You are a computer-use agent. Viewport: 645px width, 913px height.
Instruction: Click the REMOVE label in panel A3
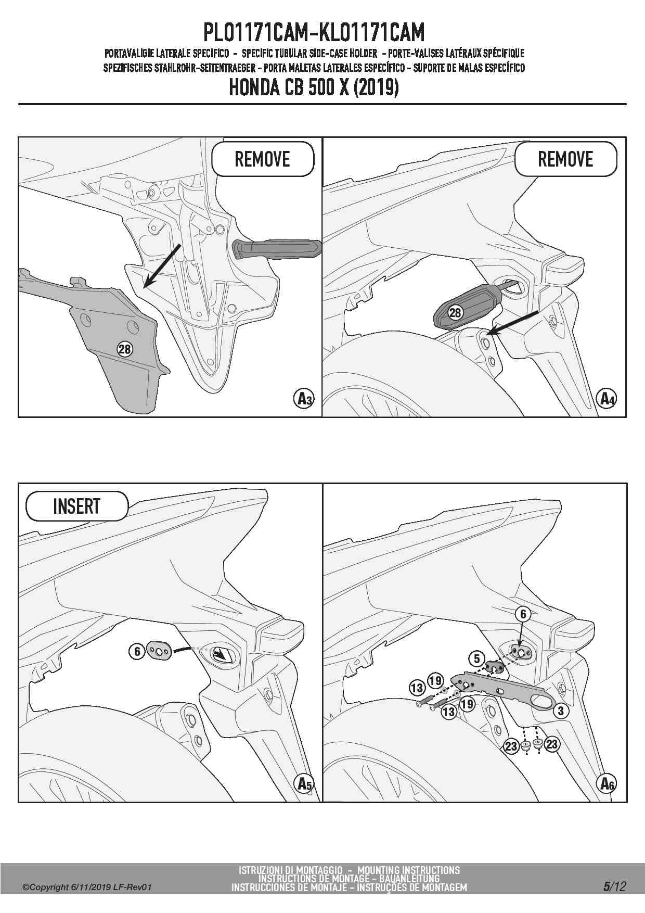click(262, 159)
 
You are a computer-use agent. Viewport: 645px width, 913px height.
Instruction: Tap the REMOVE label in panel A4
click(565, 159)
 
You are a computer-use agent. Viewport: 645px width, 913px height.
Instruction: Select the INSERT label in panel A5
click(76, 506)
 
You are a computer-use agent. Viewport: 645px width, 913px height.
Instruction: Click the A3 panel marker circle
click(304, 399)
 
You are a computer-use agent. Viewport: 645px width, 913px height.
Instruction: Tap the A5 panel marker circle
click(304, 784)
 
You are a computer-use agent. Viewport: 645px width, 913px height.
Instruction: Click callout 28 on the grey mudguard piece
click(125, 349)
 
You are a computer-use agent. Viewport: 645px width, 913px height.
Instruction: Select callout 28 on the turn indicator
click(455, 312)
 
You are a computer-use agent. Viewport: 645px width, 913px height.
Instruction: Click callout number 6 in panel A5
click(137, 651)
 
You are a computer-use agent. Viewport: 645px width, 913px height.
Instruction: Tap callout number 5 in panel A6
click(477, 659)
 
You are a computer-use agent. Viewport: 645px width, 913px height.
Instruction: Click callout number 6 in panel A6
click(523, 614)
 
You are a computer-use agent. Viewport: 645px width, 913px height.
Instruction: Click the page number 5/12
click(614, 886)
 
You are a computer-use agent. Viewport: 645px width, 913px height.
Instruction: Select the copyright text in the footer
click(87, 887)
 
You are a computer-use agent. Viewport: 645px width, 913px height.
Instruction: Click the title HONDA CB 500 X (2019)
click(314, 87)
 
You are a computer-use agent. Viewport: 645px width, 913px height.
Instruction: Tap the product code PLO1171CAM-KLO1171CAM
click(314, 32)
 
